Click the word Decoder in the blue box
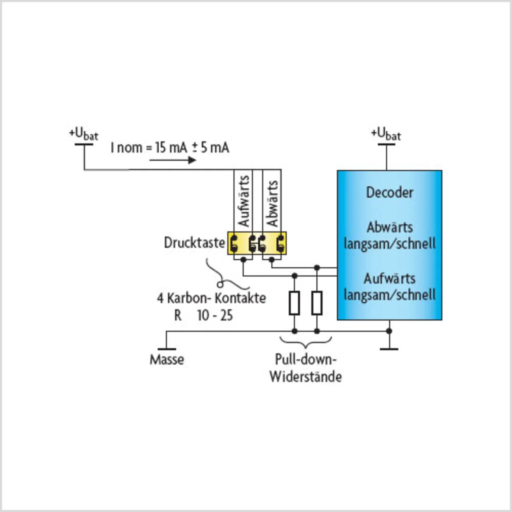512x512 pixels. [390, 193]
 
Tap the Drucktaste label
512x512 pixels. [194, 243]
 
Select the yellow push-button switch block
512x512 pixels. [257, 243]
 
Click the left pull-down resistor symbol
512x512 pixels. [294, 303]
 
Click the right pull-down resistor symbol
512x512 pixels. [317, 303]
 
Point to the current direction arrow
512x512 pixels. [173, 160]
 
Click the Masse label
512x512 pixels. [167, 360]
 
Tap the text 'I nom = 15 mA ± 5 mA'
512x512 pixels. [170, 148]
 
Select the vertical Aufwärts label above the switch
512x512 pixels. [244, 201]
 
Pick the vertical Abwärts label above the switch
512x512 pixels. [272, 204]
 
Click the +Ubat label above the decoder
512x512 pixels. [386, 135]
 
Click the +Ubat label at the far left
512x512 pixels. [84, 135]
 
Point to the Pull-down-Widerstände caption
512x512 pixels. [306, 368]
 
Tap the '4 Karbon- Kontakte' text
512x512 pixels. [212, 298]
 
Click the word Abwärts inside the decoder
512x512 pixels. [390, 228]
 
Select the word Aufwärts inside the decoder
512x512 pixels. [390, 279]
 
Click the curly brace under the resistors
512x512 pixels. [306, 342]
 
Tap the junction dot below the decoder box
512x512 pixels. [389, 331]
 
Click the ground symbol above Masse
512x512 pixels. [166, 349]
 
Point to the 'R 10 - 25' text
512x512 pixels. [204, 316]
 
